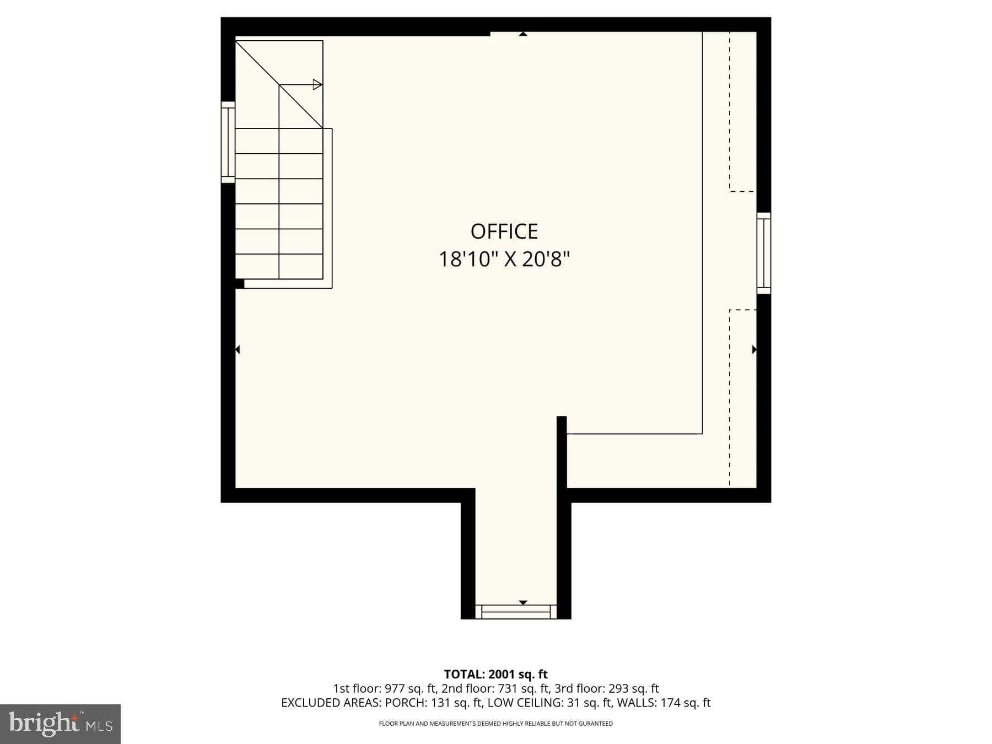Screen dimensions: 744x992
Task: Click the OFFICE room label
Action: [504, 231]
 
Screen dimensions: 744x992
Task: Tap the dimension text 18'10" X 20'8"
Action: [504, 259]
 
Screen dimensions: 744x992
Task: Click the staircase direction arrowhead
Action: [317, 84]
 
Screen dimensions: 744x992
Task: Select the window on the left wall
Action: [228, 142]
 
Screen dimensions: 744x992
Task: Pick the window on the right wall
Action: [763, 254]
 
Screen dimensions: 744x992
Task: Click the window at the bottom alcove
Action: [516, 612]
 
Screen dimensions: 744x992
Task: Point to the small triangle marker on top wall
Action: [523, 34]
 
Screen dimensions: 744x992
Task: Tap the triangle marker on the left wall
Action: [238, 349]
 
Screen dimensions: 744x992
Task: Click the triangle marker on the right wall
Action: [754, 349]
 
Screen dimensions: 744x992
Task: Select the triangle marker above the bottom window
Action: [523, 602]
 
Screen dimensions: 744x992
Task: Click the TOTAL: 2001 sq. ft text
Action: [495, 674]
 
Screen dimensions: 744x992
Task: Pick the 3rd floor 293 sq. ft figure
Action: [633, 688]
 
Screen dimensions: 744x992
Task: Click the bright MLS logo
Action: [60, 724]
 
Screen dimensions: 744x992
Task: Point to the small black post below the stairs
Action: [240, 284]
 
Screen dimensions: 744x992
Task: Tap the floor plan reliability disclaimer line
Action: [495, 724]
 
